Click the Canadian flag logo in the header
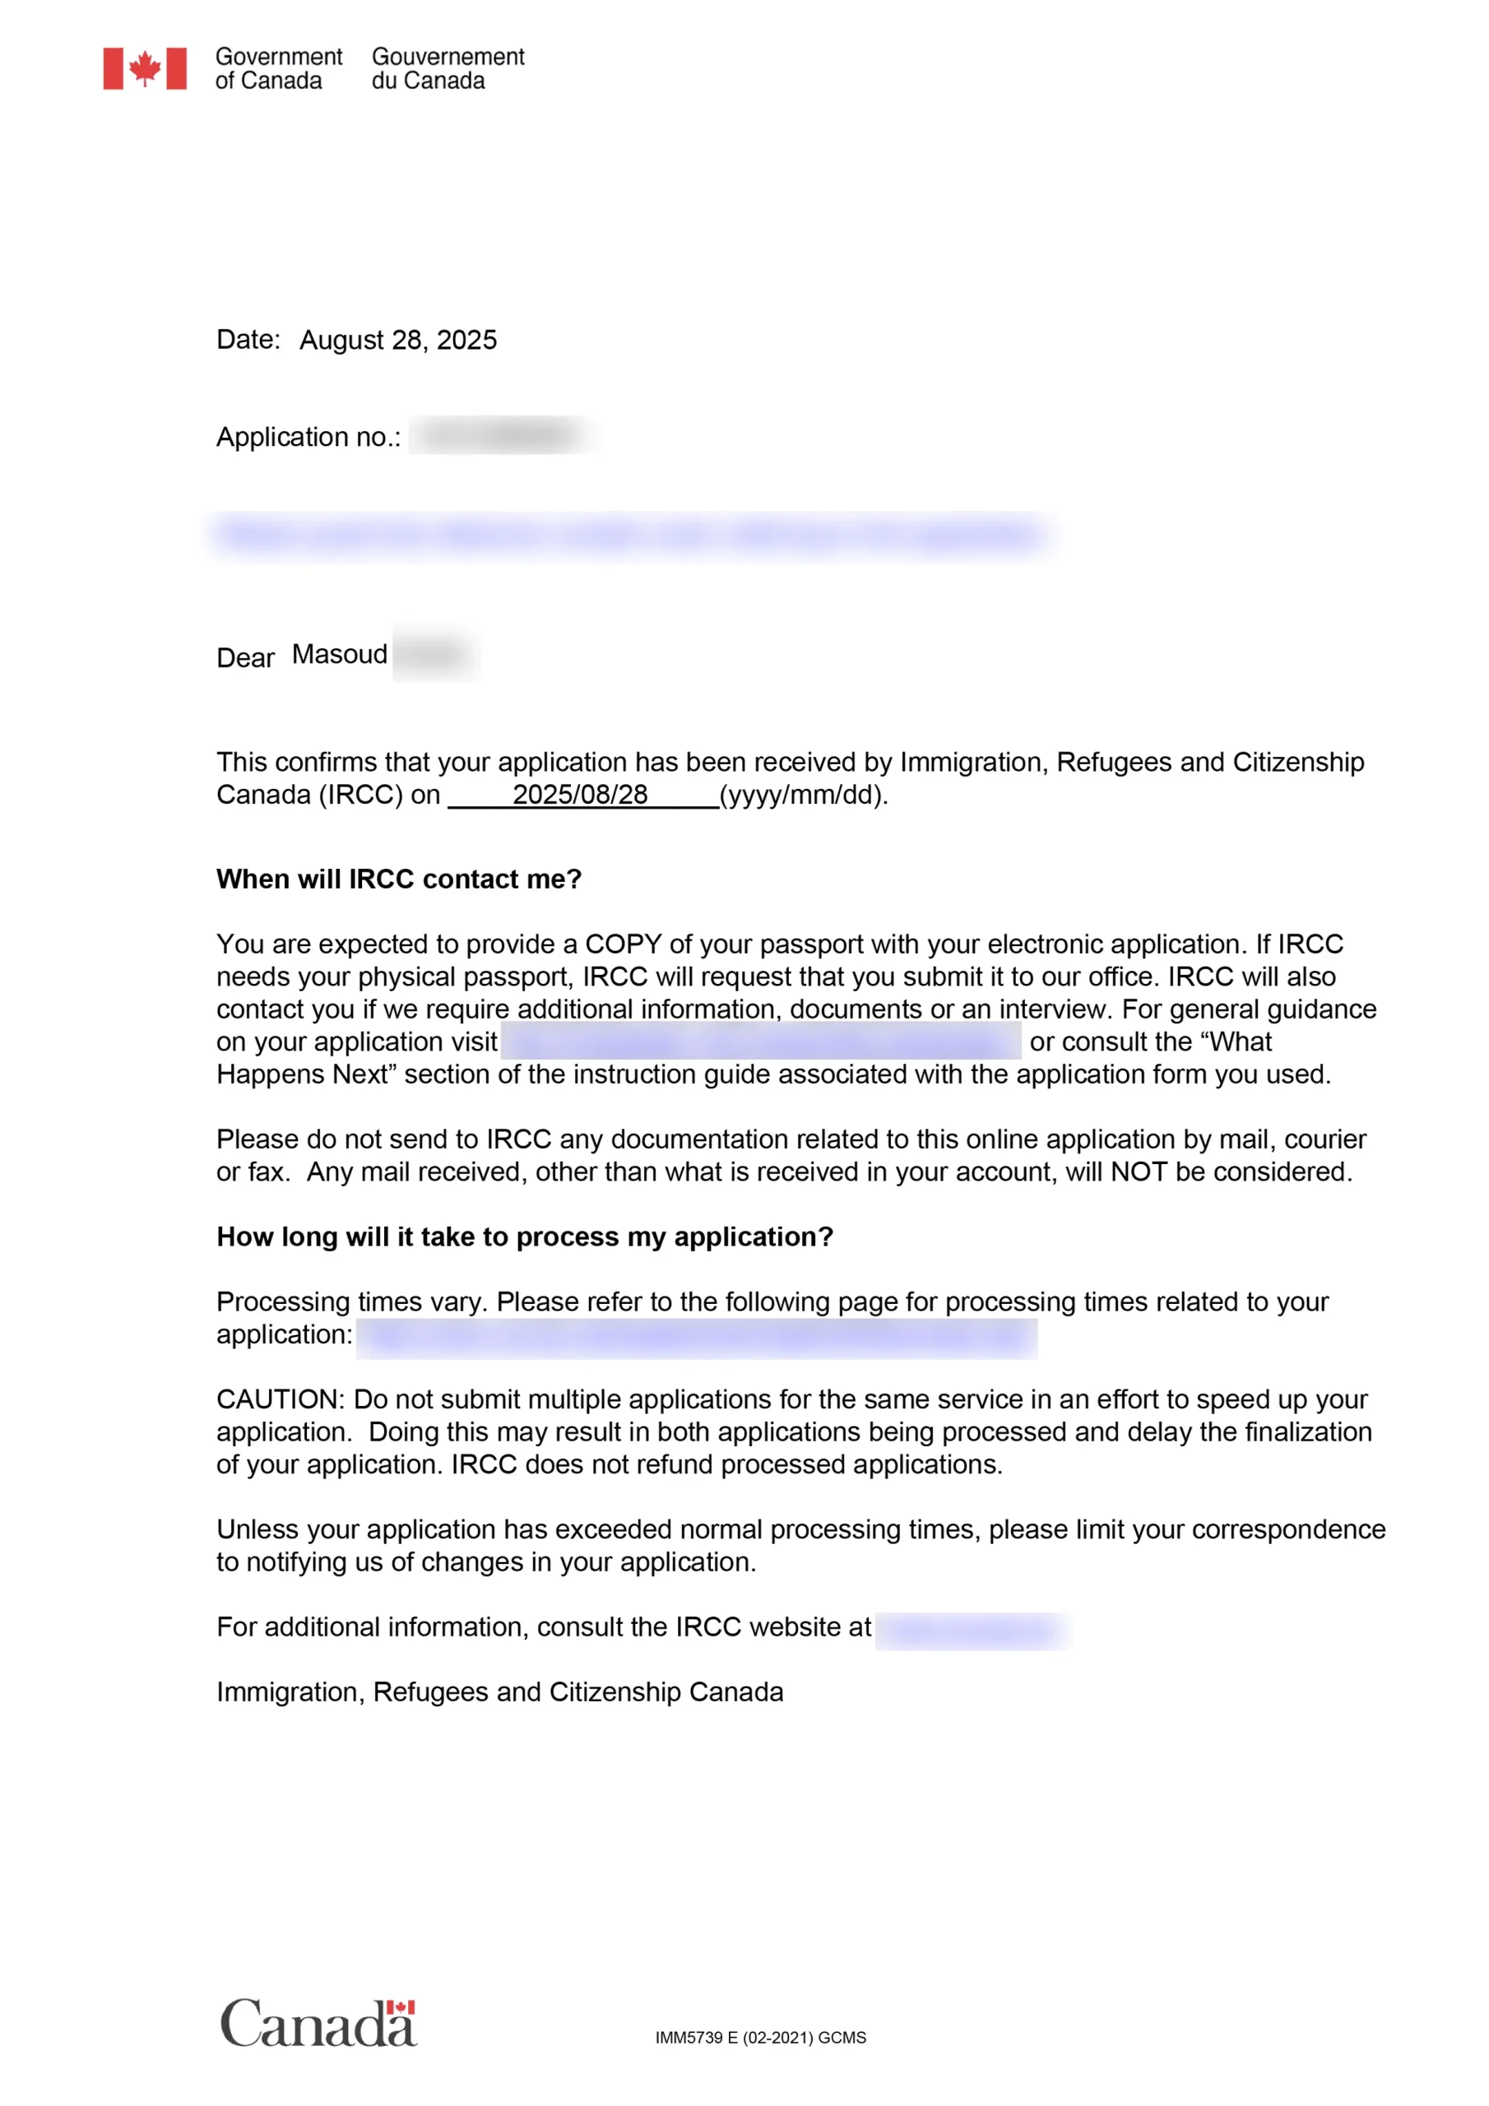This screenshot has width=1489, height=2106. click(x=145, y=69)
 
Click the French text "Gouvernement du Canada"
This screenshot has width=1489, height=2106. click(x=448, y=69)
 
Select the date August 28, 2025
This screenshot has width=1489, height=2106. click(x=398, y=341)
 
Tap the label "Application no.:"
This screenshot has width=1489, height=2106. click(x=308, y=438)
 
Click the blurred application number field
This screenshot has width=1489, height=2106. click(x=503, y=435)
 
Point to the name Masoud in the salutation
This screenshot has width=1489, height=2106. click(x=340, y=655)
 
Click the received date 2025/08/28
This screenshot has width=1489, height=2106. click(x=580, y=795)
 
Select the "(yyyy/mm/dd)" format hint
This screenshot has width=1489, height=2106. click(x=803, y=795)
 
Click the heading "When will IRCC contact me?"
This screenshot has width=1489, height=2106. click(x=399, y=879)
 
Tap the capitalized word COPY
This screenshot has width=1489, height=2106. click(x=623, y=944)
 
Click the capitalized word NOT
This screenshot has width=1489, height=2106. click(x=1139, y=1171)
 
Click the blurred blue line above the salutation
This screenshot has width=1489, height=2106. click(x=629, y=535)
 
